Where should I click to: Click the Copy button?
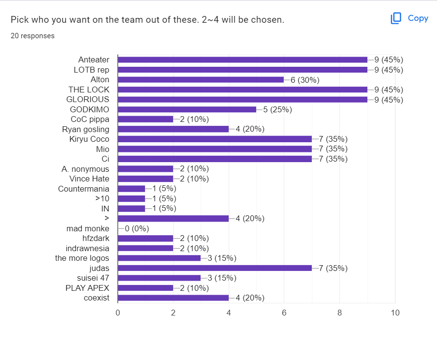(x=409, y=18)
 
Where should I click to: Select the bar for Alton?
(x=201, y=79)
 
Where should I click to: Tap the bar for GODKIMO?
(x=187, y=109)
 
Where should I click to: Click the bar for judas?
(x=215, y=268)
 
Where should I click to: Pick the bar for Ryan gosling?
(x=173, y=129)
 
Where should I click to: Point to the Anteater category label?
(x=94, y=60)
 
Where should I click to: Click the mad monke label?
(x=88, y=228)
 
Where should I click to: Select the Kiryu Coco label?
(x=89, y=139)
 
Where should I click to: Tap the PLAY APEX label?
(x=87, y=288)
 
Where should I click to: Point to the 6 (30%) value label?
(x=305, y=80)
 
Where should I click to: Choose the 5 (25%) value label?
(x=277, y=109)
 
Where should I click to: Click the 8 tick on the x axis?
(x=339, y=313)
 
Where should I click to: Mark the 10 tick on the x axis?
(x=395, y=313)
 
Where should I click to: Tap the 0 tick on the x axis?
(x=118, y=313)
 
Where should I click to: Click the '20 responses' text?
(x=32, y=36)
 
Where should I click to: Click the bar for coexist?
(x=173, y=298)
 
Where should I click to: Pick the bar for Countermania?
(x=131, y=189)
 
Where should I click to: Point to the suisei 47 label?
(x=93, y=278)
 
